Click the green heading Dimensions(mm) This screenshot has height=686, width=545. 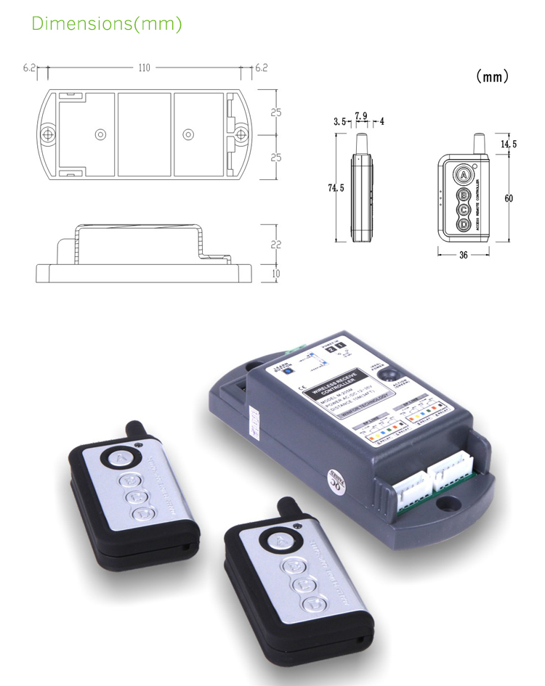(106, 23)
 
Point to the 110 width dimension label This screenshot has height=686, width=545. (143, 68)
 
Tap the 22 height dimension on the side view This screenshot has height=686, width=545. (275, 245)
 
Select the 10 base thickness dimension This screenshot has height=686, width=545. (275, 273)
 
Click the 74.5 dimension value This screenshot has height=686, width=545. (335, 188)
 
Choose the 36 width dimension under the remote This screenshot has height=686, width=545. (463, 255)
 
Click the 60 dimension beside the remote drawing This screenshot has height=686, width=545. (509, 198)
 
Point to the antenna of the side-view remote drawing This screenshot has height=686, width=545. (360, 142)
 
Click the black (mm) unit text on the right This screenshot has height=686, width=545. (492, 76)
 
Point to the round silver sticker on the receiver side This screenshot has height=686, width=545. (335, 481)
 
